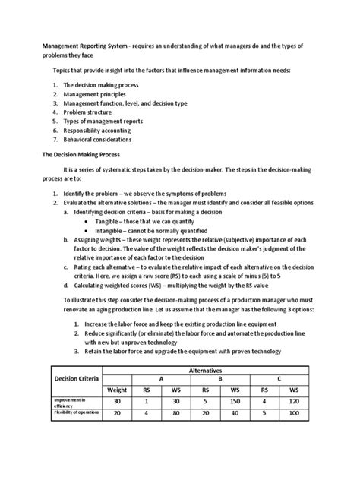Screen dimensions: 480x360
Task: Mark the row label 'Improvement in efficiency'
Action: [x=71, y=402]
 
